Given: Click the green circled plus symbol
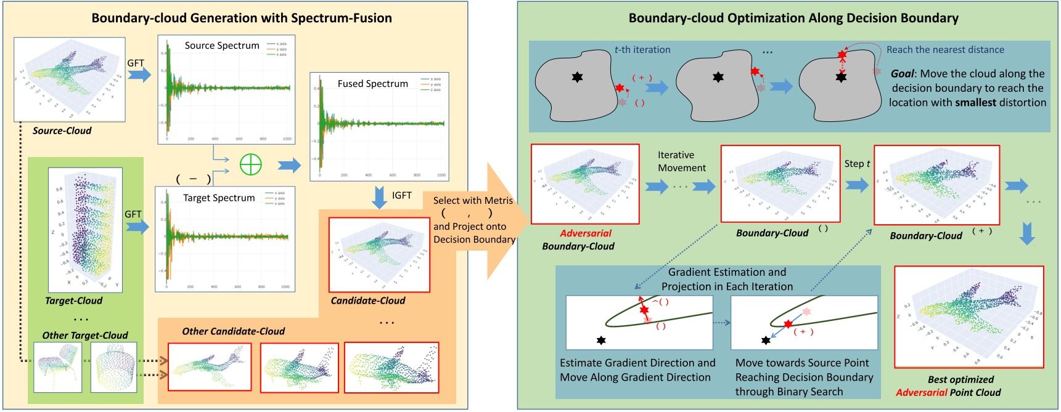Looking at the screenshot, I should tap(250, 164).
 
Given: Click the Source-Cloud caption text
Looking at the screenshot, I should tap(62, 131).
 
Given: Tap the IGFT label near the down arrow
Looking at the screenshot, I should tap(401, 195).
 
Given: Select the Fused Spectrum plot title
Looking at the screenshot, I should tap(372, 84).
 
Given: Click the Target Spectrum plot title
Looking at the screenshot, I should tap(219, 198).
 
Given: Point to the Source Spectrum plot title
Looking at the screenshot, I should tap(222, 46).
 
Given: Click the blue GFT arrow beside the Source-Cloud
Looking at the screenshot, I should tap(139, 75).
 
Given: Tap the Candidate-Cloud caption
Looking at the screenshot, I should tap(367, 301).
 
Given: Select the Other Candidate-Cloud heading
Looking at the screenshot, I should tap(233, 331).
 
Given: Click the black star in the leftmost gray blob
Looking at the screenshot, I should tap(577, 77).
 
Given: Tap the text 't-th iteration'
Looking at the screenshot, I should tap(642, 50).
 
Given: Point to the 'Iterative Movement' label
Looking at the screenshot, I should tap(681, 161).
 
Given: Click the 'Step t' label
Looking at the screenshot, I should tap(857, 164).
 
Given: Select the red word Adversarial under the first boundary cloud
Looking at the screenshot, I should tap(585, 233).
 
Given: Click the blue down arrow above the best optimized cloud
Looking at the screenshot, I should tap(1026, 234).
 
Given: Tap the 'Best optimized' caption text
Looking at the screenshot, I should tap(961, 379).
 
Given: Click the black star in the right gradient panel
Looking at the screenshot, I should tap(766, 340).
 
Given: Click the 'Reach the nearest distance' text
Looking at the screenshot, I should tap(945, 50).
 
